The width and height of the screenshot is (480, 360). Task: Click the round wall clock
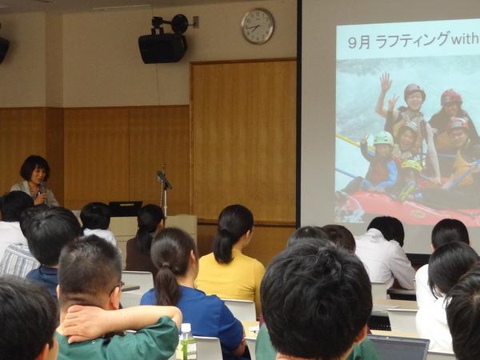click(258, 26)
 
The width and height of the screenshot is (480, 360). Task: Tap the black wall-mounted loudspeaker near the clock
click(162, 48)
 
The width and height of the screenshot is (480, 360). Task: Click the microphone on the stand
click(164, 179)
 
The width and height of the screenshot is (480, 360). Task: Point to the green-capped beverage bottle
click(186, 342)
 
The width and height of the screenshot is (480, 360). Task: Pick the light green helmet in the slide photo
click(383, 138)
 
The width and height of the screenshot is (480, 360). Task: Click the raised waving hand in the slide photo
click(386, 82)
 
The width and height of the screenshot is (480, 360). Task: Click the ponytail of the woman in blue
click(167, 283)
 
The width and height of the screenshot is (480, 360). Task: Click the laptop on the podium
click(126, 209)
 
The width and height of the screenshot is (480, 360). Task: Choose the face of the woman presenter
click(39, 176)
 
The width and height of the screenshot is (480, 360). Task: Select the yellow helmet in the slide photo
click(411, 166)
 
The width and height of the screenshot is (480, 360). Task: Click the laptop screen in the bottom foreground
click(398, 348)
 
